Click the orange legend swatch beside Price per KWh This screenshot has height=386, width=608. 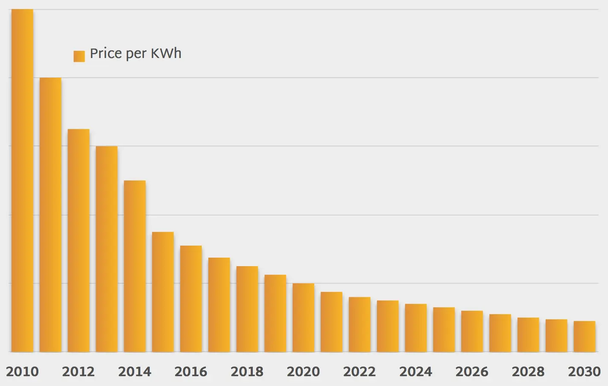click(x=79, y=56)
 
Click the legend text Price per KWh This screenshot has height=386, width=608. click(x=135, y=54)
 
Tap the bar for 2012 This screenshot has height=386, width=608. click(x=79, y=241)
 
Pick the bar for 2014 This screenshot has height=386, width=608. click(x=134, y=266)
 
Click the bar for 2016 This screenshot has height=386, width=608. click(x=191, y=299)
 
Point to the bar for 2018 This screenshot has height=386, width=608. click(x=247, y=309)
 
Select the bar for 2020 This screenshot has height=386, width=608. click(x=303, y=317)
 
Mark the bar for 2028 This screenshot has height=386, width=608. click(x=528, y=334)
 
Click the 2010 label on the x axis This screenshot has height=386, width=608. click(x=22, y=371)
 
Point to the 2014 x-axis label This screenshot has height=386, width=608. click(x=134, y=371)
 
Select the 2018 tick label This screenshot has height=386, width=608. click(x=247, y=371)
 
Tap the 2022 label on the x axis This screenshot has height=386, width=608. click(x=360, y=371)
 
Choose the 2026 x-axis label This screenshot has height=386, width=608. click(x=472, y=371)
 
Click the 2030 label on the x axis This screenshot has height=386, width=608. click(x=584, y=371)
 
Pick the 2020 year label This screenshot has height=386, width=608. click(x=303, y=371)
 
